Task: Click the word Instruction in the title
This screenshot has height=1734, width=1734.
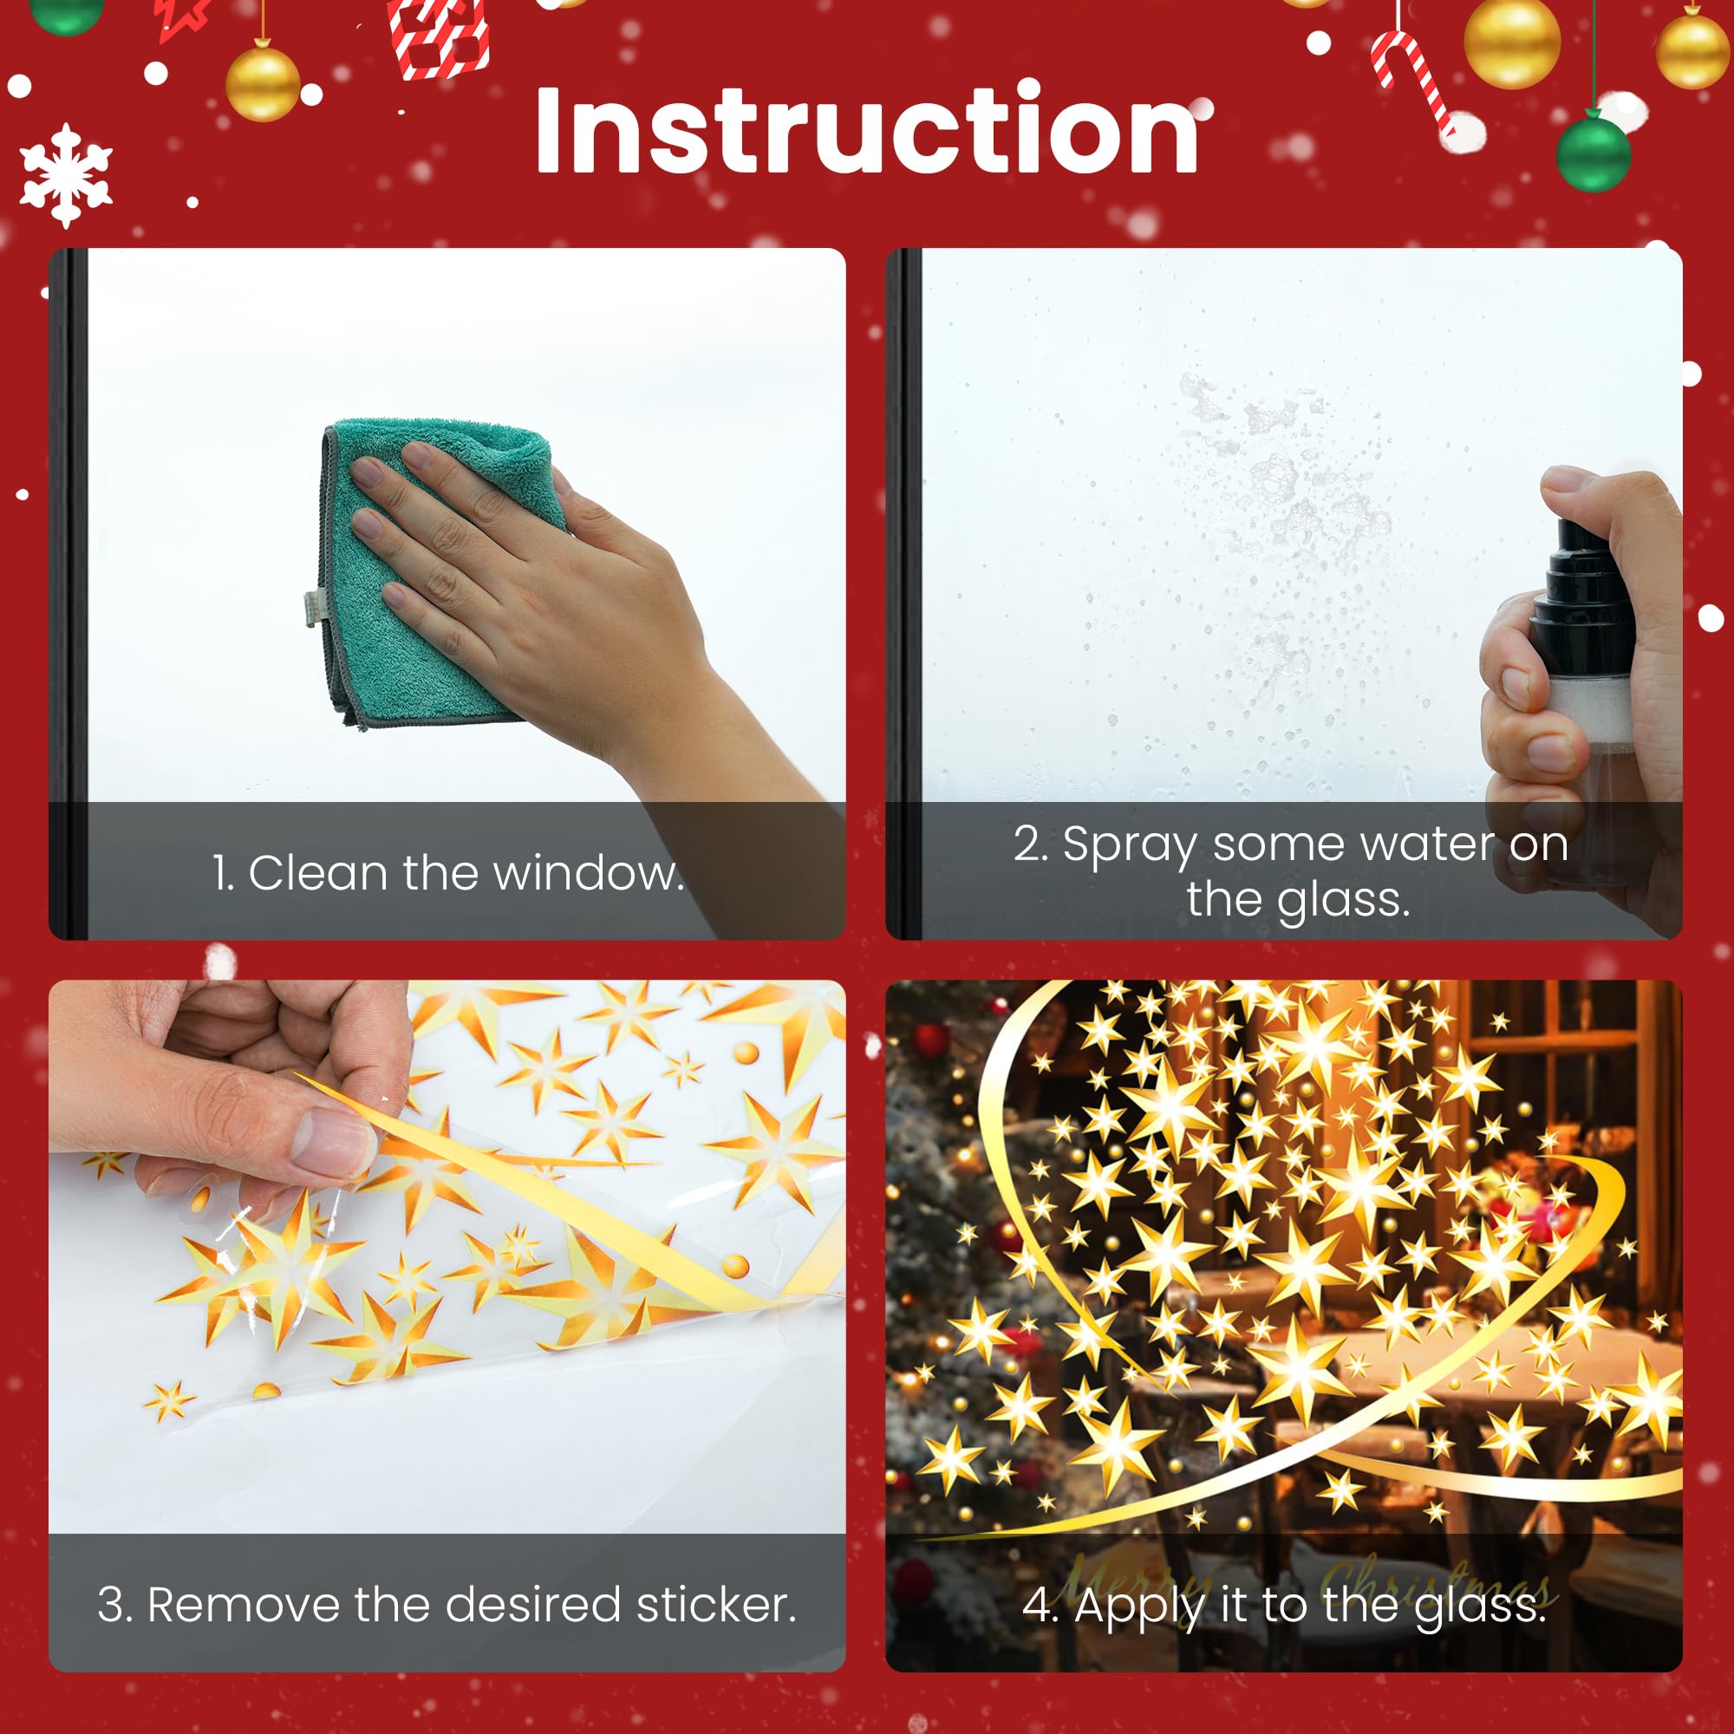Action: pos(866,129)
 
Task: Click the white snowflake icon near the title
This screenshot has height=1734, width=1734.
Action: pos(66,175)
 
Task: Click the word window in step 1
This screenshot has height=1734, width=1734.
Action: pos(588,873)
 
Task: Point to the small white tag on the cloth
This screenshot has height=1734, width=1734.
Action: pos(310,608)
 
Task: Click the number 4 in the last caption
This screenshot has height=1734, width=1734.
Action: pos(1040,1606)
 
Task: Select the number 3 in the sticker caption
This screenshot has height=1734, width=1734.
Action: pos(113,1605)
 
